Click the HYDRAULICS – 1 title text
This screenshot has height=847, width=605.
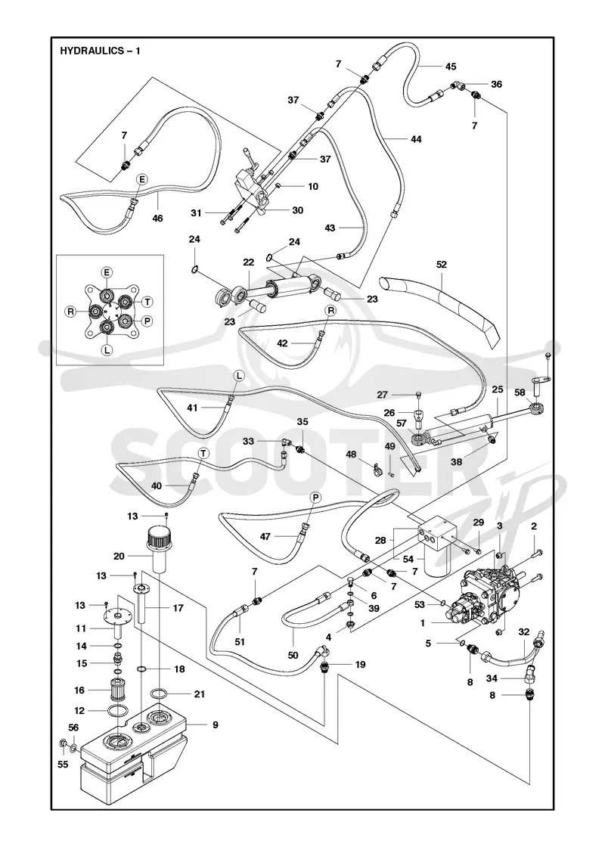(x=100, y=51)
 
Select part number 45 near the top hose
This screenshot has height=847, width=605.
(x=451, y=67)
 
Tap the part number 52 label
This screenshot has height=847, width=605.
(x=442, y=265)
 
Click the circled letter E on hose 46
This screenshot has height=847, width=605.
(x=142, y=178)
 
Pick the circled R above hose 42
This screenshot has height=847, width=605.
(x=330, y=310)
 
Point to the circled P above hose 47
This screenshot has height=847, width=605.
(x=315, y=497)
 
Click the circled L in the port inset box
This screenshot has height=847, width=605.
(x=107, y=349)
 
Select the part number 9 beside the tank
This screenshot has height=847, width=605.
(x=215, y=725)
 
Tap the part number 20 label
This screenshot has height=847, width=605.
(x=119, y=556)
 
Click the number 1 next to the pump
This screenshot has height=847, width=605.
(x=423, y=623)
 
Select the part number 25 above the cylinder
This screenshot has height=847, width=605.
(x=498, y=389)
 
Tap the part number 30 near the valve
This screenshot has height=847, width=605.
(x=297, y=210)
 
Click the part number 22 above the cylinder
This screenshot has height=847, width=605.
(x=249, y=262)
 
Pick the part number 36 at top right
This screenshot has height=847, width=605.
(x=496, y=84)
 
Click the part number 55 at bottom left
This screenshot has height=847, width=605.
(x=63, y=765)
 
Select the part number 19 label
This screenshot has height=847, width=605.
(x=360, y=665)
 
